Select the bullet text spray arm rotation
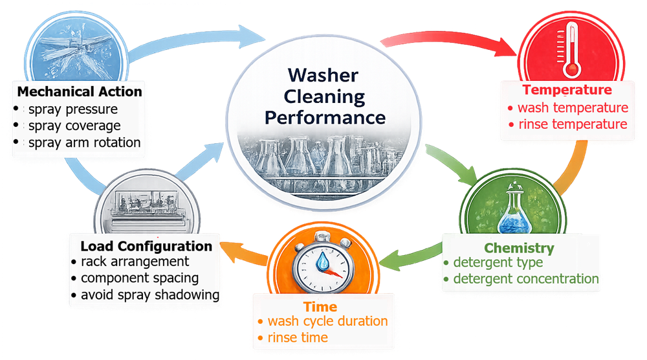pyautogui.click(x=84, y=142)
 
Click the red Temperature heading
pyautogui.click(x=567, y=90)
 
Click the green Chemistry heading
pyautogui.click(x=519, y=247)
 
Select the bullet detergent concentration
pyautogui.click(x=525, y=279)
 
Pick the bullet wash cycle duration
pyautogui.click(x=327, y=321)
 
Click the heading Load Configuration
pyautogui.click(x=146, y=246)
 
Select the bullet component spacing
pyautogui.click(x=140, y=278)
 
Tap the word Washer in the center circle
pyautogui.click(x=323, y=76)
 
